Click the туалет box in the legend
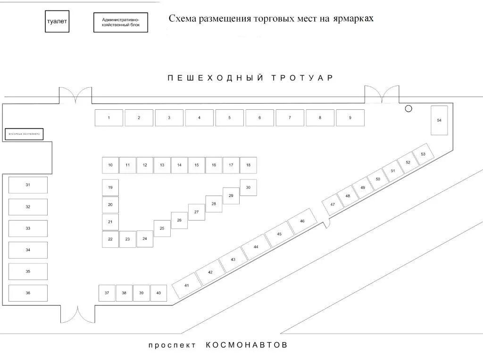pos(57,22)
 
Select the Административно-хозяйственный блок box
pos(120,22)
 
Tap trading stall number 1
pos(108,118)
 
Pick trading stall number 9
pos(350,118)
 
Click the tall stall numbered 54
pos(439,121)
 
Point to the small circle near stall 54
pos(408,108)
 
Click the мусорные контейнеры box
pos(24,134)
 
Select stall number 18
pos(248,165)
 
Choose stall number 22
pos(110,239)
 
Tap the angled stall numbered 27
pos(197,212)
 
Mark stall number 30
pos(248,188)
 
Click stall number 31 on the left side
pos(28,185)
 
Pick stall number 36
pos(28,293)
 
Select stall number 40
pos(158,293)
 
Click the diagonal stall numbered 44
pos(256,247)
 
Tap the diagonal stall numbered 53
pos(423,155)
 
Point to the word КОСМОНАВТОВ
pos(247,345)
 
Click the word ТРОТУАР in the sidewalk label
pos(302,78)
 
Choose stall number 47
pos(333,205)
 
